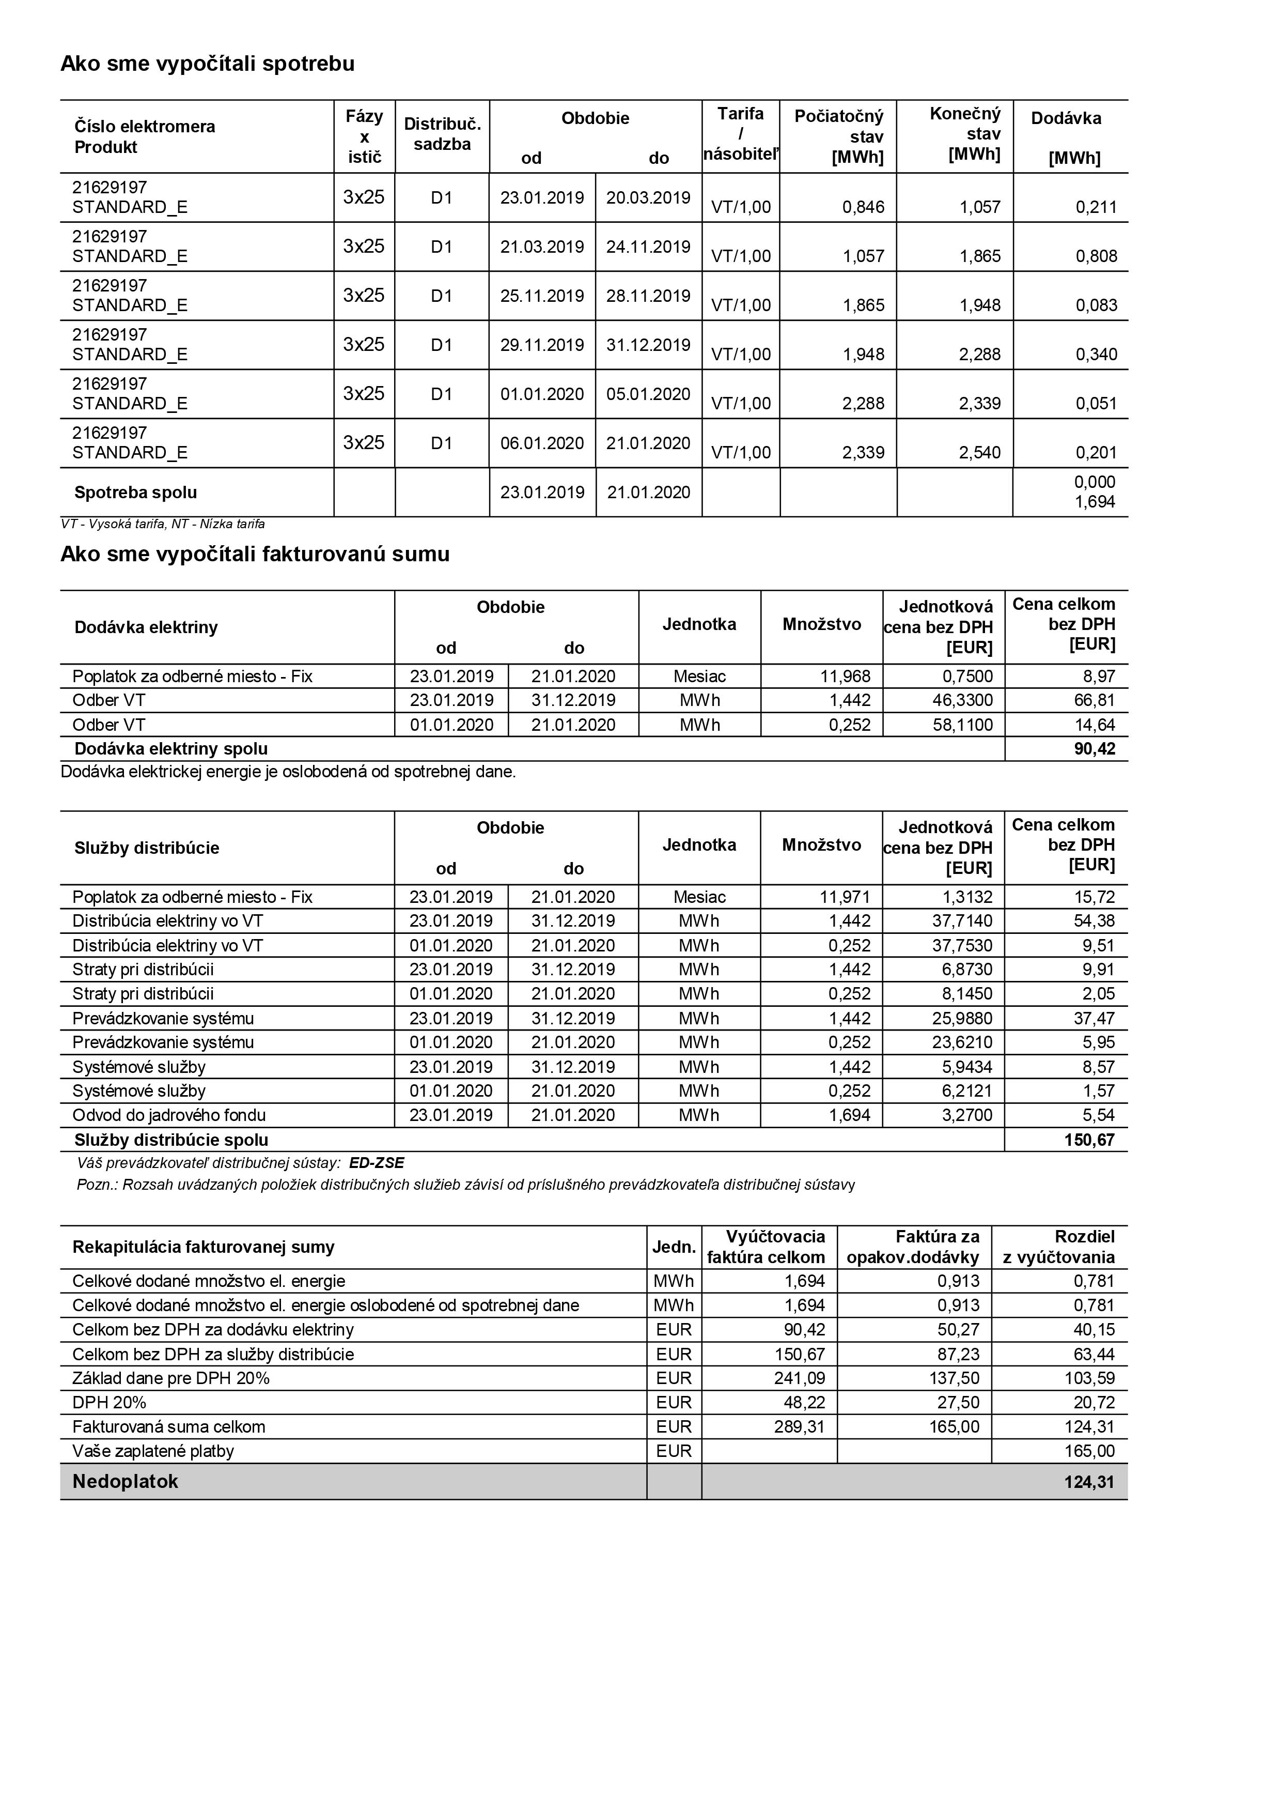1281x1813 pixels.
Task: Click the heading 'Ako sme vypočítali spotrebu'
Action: coord(208,64)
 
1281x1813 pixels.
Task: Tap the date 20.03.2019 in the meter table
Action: coord(648,197)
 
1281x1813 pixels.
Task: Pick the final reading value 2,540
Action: coord(979,452)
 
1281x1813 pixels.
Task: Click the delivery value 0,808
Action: coord(1096,256)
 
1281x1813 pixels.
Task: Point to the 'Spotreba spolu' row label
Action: coord(136,493)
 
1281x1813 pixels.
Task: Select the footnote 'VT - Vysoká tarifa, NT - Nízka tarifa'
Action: coord(163,525)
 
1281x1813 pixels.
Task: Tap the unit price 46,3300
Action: coord(963,700)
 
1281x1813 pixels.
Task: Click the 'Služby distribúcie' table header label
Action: coord(147,848)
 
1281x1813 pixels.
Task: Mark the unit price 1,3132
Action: coord(967,897)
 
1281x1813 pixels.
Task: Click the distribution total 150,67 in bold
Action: coord(1089,1140)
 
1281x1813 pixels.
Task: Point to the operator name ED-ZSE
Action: coord(377,1163)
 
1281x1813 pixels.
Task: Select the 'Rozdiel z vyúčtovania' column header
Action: coord(1059,1247)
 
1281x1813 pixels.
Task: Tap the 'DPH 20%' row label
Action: coord(109,1403)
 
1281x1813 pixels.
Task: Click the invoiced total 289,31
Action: coord(800,1427)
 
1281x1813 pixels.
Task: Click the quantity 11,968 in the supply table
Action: coord(846,677)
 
